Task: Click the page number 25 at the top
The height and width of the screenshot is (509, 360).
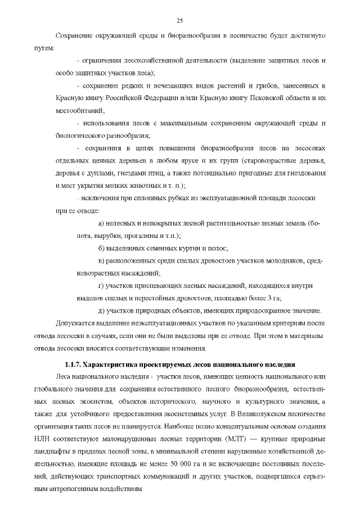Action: click(180, 21)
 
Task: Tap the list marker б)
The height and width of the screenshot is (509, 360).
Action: click(101, 249)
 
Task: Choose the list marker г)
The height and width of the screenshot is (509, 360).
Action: click(101, 286)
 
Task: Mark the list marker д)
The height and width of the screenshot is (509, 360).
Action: click(101, 310)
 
